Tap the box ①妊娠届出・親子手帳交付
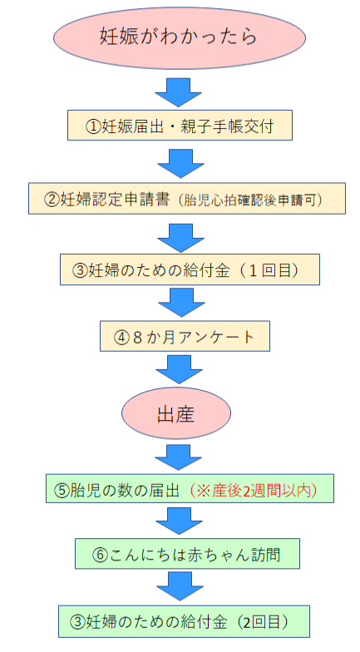(x=180, y=126)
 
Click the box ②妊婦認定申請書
(x=180, y=199)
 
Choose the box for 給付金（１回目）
(x=180, y=270)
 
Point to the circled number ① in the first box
(x=93, y=127)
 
